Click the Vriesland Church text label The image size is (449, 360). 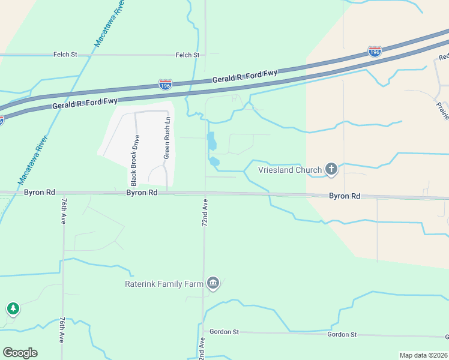point(290,170)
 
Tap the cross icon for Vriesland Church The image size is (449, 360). point(331,170)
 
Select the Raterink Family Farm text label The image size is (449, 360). point(164,284)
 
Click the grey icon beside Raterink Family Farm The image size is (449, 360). point(212,283)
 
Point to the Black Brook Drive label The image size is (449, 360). point(135,160)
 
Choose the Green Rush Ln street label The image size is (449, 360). point(167,138)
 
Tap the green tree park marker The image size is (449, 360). point(13,309)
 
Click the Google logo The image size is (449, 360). point(20,353)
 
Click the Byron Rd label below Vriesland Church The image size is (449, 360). point(344,196)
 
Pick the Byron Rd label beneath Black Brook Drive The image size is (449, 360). point(142,193)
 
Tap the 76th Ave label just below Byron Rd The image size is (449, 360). point(63,211)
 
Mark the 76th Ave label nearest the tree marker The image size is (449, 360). point(62,331)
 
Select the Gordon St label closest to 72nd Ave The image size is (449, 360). point(224,332)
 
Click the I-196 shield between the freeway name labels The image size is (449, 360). point(166,85)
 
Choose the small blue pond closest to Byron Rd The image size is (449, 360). point(214,161)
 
